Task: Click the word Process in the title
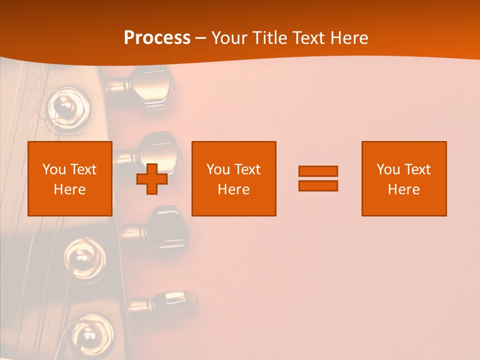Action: tap(157, 37)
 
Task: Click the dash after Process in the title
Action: tap(201, 38)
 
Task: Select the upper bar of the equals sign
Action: tap(318, 171)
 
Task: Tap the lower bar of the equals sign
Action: tap(318, 185)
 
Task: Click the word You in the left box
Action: tap(54, 169)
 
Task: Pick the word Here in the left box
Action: tap(69, 189)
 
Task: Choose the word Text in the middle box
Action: tap(247, 169)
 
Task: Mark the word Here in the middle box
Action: tap(233, 189)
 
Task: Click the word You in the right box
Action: tap(388, 169)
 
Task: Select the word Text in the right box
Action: tap(417, 169)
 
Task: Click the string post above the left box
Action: tap(65, 107)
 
